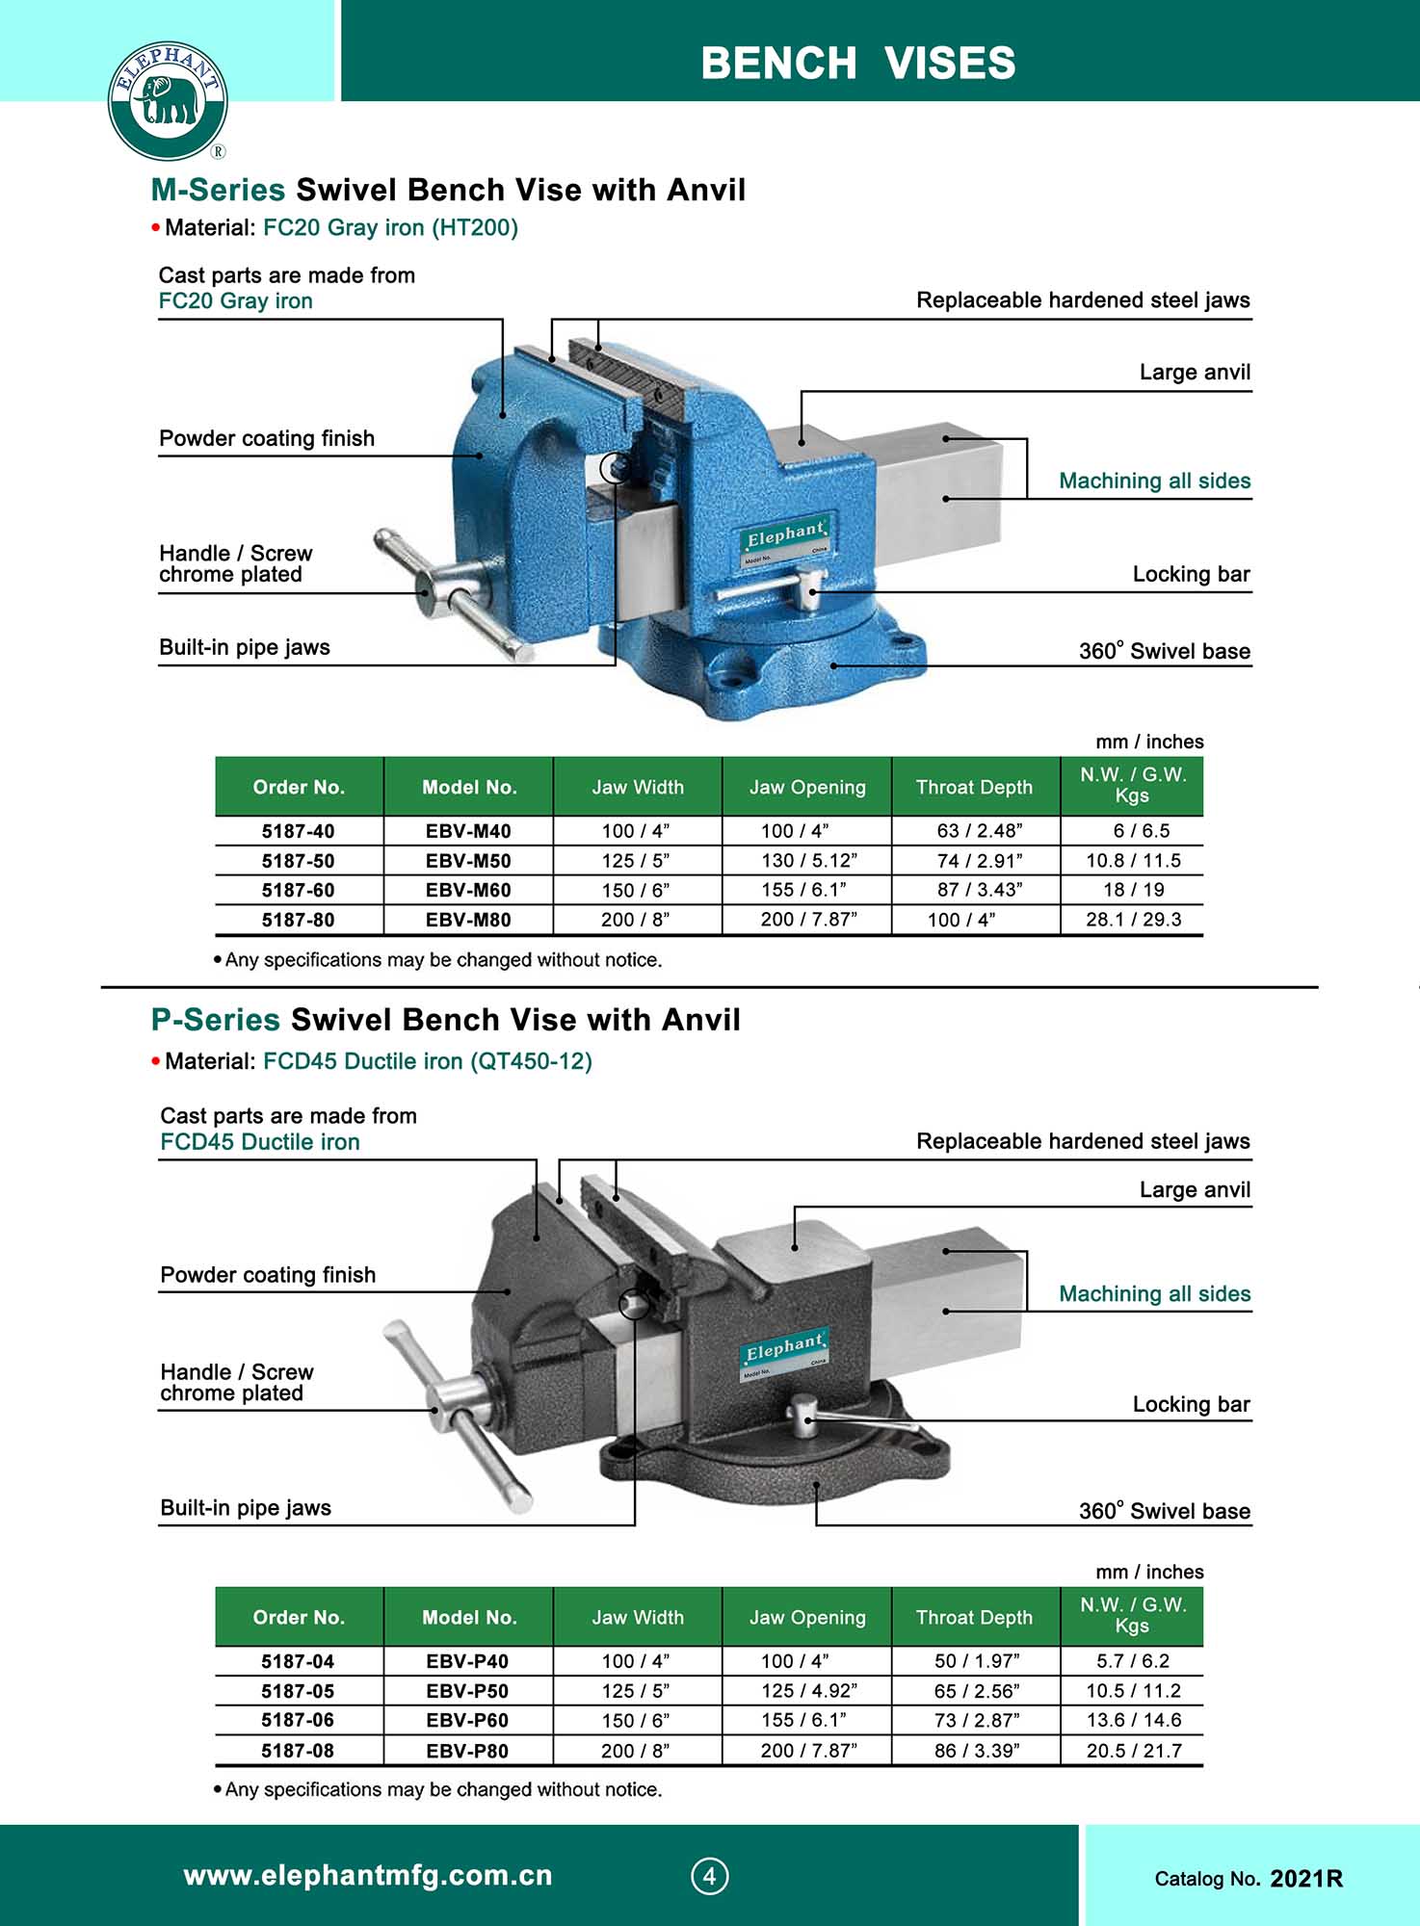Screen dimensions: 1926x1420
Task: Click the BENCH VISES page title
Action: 857,64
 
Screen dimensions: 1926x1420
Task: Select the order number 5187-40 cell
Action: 299,831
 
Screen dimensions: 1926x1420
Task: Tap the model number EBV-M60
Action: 468,891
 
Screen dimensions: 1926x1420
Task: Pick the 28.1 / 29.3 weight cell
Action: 1133,920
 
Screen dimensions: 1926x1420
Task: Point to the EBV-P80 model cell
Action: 467,1751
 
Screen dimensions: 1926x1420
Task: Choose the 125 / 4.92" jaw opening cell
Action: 808,1691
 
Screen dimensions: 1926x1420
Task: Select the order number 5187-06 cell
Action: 298,1721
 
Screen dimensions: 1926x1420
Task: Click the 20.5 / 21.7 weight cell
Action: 1133,1751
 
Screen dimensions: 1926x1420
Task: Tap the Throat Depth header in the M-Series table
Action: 974,788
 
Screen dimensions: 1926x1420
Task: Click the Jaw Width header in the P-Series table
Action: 638,1618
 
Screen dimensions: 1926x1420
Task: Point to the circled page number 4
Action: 710,1876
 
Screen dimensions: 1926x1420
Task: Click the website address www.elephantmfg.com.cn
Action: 368,1876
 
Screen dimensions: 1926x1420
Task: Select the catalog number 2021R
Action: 1305,1879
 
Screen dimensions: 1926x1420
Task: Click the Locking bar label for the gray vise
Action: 1191,1404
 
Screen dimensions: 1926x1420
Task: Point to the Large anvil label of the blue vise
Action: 1195,373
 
